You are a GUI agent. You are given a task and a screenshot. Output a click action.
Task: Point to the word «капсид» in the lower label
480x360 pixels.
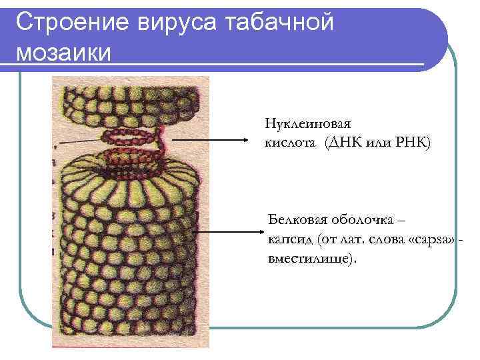pos(285,239)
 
